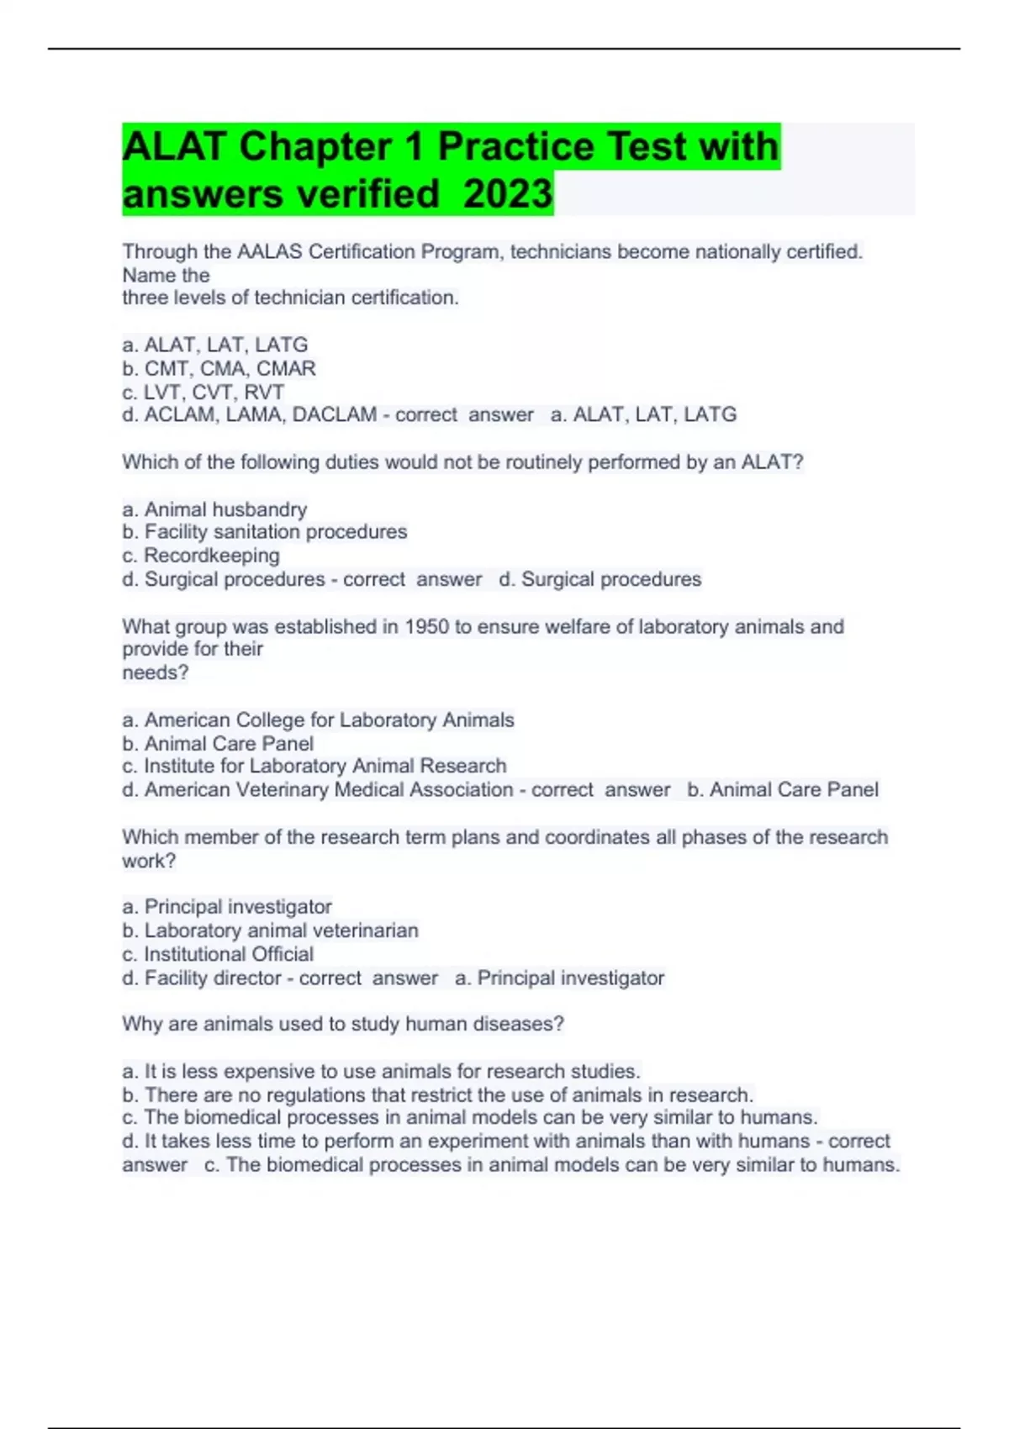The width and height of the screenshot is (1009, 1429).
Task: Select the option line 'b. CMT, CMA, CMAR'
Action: pyautogui.click(x=219, y=368)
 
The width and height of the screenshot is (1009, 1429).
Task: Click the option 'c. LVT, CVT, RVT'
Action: pyautogui.click(x=203, y=392)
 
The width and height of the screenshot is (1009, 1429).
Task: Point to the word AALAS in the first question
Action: pyautogui.click(x=267, y=251)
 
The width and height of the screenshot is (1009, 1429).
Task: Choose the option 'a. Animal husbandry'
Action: pyautogui.click(x=214, y=509)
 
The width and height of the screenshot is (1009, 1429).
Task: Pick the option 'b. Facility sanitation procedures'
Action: pyautogui.click(x=264, y=532)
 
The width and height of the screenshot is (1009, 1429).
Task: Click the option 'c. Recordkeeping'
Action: pyautogui.click(x=201, y=556)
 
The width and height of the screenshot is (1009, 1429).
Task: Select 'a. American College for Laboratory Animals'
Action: pyautogui.click(x=318, y=720)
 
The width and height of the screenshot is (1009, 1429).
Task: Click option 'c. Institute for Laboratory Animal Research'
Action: pyautogui.click(x=314, y=766)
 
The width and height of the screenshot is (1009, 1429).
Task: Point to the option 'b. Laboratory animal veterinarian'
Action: pyautogui.click(x=270, y=931)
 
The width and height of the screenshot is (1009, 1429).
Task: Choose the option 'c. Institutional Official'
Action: pyautogui.click(x=218, y=954)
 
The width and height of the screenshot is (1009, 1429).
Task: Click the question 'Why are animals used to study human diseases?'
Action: pyautogui.click(x=342, y=1024)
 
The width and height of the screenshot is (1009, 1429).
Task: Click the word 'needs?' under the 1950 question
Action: pyautogui.click(x=156, y=672)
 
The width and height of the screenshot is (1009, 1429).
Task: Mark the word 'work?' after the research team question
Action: pyautogui.click(x=149, y=861)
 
